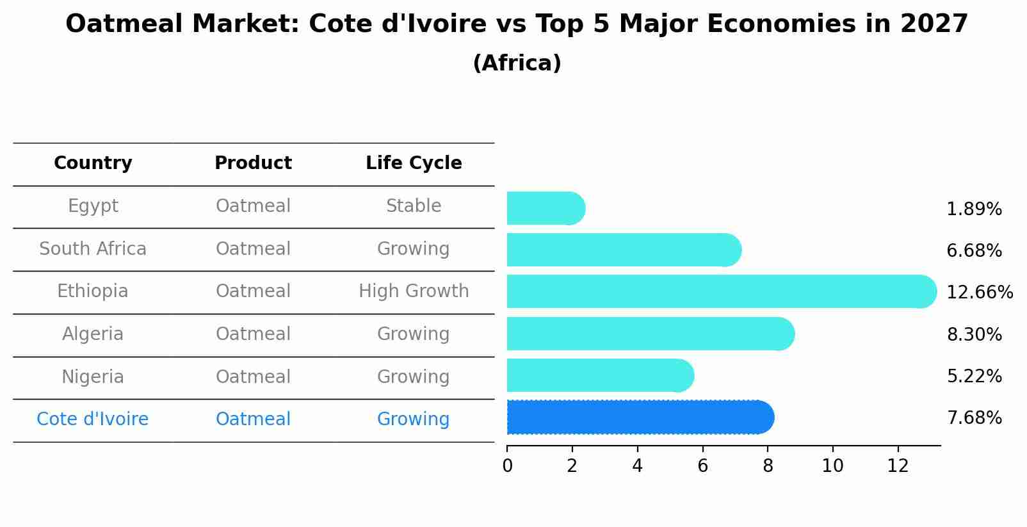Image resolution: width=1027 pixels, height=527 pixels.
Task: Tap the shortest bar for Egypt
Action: (x=545, y=208)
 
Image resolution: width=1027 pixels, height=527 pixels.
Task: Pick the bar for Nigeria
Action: (x=599, y=376)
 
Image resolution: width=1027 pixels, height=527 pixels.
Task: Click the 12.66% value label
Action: (x=979, y=293)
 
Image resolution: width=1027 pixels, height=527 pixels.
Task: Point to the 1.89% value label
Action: (x=974, y=209)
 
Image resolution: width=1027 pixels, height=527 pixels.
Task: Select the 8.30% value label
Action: (x=974, y=334)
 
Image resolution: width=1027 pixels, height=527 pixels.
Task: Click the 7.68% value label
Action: (x=974, y=418)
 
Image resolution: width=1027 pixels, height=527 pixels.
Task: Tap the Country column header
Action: (x=93, y=163)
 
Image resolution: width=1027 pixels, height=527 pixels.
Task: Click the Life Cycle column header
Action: (x=414, y=163)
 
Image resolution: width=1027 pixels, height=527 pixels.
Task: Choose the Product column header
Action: (x=253, y=163)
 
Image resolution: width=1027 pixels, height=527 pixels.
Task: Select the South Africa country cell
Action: (x=93, y=249)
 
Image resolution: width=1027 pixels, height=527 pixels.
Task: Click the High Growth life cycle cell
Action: (x=414, y=291)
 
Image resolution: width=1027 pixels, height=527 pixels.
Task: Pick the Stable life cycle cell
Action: (x=414, y=206)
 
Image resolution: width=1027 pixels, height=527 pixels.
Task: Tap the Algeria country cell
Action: (x=93, y=334)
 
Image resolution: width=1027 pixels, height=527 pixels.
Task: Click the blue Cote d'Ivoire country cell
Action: (x=93, y=419)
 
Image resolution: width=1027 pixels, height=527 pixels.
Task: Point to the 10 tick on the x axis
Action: (x=832, y=466)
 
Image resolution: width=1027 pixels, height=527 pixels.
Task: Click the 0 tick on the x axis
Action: (x=507, y=466)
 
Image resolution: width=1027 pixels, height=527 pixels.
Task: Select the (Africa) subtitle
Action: (x=517, y=63)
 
